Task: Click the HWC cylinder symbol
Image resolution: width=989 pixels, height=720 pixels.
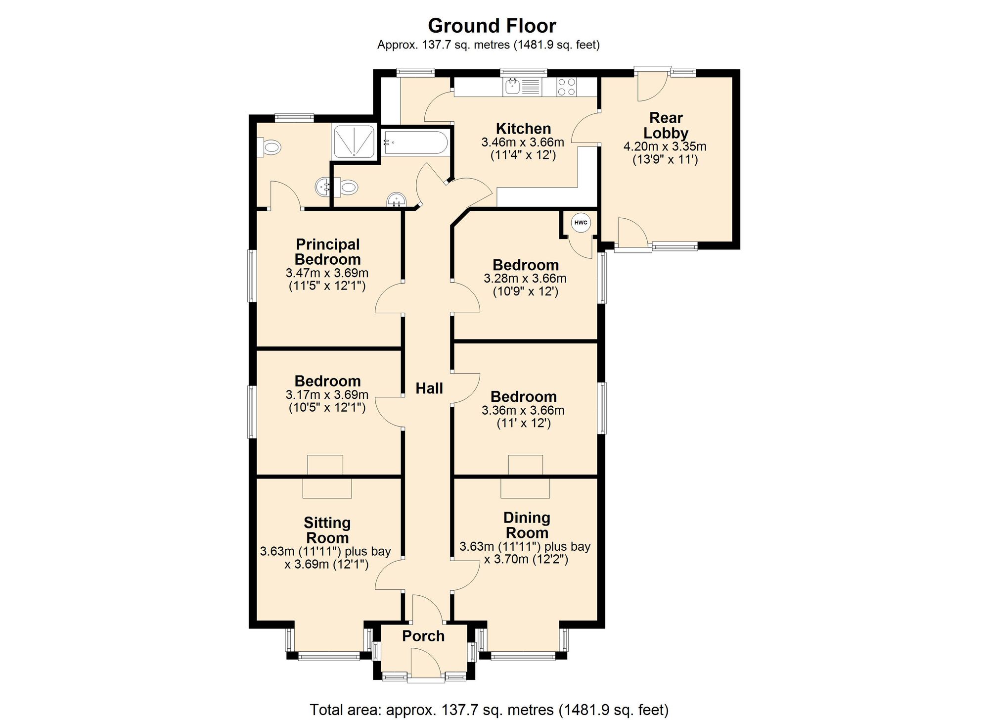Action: coord(581,223)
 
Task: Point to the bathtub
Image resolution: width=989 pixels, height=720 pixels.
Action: coord(416,143)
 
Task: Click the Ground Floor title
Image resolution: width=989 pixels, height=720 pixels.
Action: coord(492,26)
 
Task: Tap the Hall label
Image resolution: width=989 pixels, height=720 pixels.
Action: coord(429,388)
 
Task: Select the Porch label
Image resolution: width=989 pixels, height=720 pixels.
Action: coord(423,636)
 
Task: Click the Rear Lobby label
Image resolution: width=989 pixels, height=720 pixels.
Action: coord(666,125)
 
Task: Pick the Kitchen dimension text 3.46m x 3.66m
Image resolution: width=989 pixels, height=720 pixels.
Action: coord(523,143)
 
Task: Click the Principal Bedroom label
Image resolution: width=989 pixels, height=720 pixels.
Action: coord(327,252)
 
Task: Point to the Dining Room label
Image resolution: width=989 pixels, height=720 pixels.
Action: coord(527,525)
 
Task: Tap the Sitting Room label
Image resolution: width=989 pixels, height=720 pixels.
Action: coord(327,530)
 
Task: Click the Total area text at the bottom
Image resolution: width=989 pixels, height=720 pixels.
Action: coord(489,710)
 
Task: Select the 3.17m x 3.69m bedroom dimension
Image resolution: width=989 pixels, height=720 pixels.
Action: coord(327,395)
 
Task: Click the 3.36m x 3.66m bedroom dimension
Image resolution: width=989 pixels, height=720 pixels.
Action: coord(523,410)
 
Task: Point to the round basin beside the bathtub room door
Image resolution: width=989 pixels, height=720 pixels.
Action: coord(396,200)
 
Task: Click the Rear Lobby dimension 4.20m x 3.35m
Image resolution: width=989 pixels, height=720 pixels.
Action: coord(665,146)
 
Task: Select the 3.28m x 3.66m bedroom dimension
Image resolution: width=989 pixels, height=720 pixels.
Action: coord(525,279)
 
